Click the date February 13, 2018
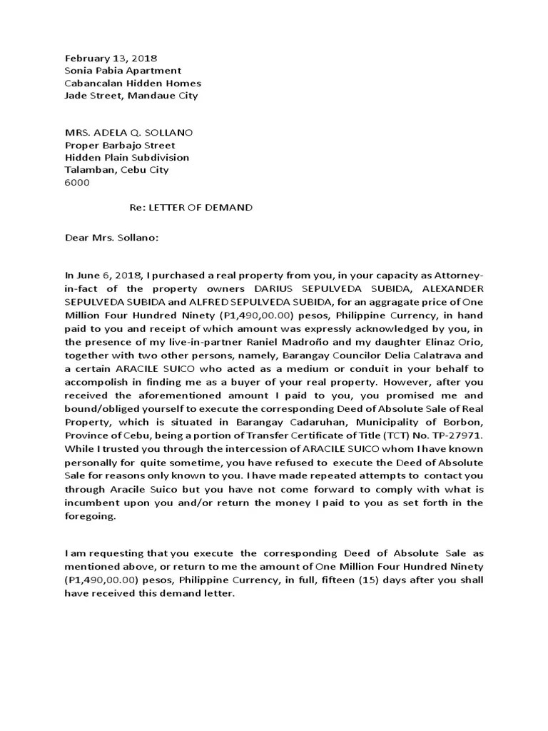click(111, 59)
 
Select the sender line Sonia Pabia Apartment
click(123, 71)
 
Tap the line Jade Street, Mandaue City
click(131, 95)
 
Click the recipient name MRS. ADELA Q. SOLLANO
click(128, 133)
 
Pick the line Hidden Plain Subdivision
click(127, 157)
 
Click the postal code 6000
click(77, 182)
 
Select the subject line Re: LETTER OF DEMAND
click(191, 207)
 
